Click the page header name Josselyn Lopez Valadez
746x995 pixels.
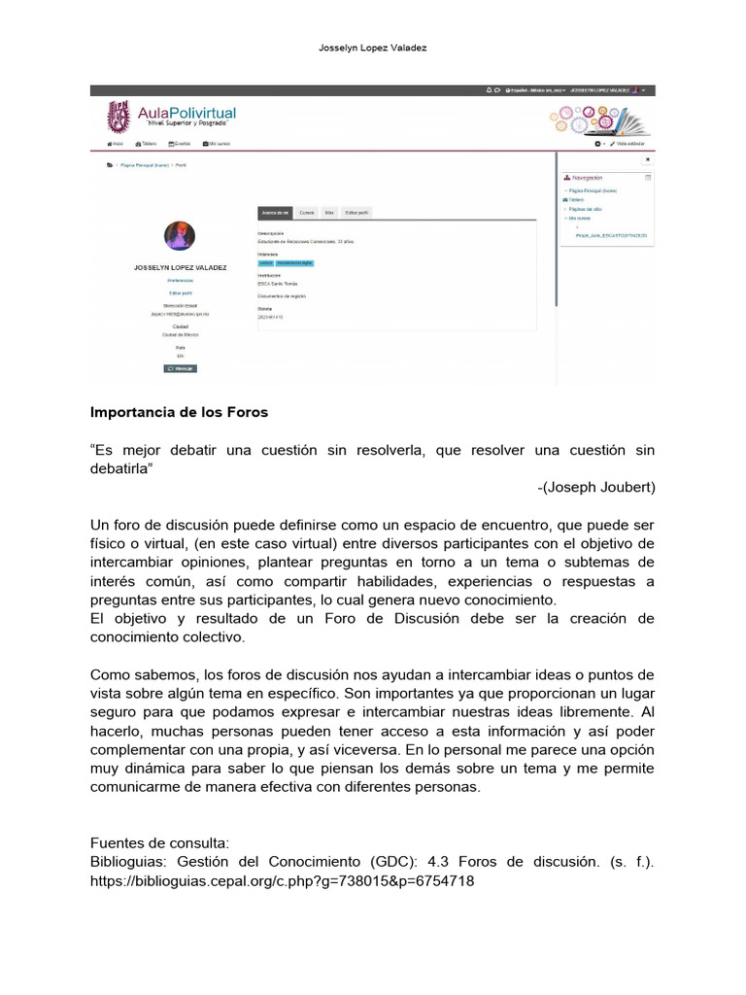tap(373, 48)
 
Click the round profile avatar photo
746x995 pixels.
tap(180, 236)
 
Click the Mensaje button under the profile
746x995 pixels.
tap(180, 369)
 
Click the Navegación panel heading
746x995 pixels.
tap(587, 179)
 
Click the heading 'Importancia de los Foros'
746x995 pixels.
tap(179, 412)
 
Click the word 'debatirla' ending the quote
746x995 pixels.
tap(121, 468)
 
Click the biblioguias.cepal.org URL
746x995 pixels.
tap(283, 881)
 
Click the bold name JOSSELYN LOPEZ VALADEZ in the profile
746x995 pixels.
tap(180, 266)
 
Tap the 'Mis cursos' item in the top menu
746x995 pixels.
tap(217, 144)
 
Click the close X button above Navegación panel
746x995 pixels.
tap(648, 159)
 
